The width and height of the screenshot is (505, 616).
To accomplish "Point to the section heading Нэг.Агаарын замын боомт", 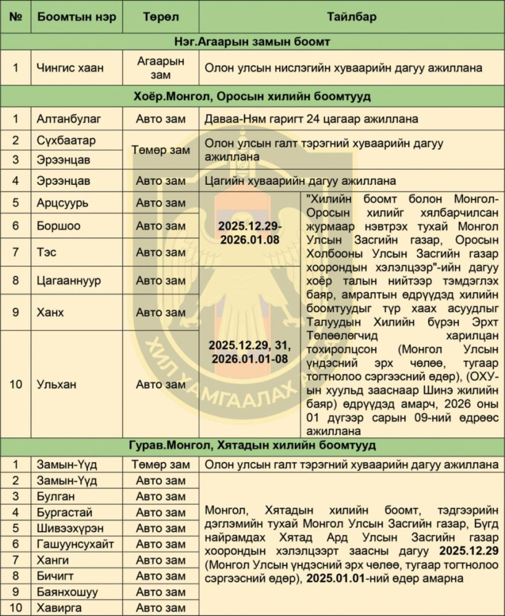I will point(252,42).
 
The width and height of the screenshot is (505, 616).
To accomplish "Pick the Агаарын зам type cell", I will point(160,67).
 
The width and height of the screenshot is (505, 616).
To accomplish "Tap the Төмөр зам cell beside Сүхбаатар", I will point(160,150).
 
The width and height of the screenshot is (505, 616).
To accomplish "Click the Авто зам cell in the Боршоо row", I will point(160,226).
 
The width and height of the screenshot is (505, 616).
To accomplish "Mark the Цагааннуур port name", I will point(69,280).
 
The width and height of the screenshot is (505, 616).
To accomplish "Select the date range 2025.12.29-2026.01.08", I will point(250,232).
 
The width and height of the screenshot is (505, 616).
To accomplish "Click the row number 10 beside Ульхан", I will point(16,384).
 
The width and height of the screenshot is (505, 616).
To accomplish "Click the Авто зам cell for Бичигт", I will point(160,576).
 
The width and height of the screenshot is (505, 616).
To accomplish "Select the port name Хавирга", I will point(60,608).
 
